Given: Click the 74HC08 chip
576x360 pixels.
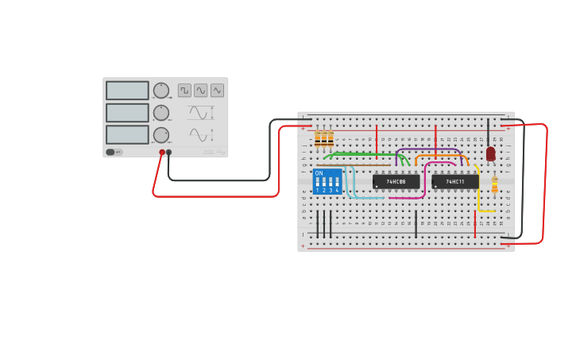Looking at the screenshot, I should (x=396, y=182).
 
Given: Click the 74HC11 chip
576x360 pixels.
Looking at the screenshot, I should (x=454, y=182).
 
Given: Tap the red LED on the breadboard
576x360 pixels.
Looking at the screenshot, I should (x=490, y=153).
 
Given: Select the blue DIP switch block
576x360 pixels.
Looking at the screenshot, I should (x=327, y=181).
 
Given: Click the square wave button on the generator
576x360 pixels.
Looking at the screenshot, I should (x=184, y=91).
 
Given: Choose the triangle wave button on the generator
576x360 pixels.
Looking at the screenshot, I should (x=217, y=91).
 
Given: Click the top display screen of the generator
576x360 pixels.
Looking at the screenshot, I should (x=127, y=91).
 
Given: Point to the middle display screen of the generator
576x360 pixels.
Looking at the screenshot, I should (x=127, y=113).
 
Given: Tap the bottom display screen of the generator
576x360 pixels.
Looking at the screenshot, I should (x=127, y=134).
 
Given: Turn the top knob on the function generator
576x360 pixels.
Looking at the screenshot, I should (x=160, y=91).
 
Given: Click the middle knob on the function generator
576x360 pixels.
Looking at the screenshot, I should (x=160, y=113).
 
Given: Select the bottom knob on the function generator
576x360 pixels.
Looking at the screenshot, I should (x=160, y=134).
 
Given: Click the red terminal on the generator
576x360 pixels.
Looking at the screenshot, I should (x=162, y=152).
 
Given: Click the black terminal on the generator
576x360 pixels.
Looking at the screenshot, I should (x=168, y=152).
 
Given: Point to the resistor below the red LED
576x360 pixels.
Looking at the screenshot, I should (x=495, y=185).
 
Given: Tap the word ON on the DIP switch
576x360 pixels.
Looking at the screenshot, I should (x=319, y=173).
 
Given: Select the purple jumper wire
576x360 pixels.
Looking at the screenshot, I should (x=429, y=148).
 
